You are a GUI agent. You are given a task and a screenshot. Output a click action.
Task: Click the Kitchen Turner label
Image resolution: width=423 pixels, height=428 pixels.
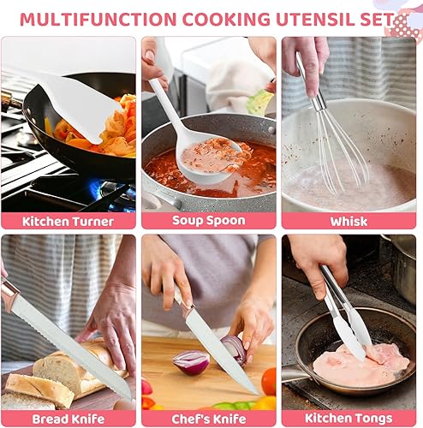68,221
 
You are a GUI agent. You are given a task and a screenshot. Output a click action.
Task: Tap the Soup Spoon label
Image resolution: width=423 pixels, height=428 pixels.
209,221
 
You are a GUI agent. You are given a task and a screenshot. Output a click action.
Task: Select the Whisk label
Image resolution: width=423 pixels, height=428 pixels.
350,221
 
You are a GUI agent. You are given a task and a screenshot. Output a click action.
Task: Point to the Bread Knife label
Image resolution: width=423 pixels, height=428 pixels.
68,419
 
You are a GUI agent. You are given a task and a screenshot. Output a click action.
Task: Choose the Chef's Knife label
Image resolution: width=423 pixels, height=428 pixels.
209,419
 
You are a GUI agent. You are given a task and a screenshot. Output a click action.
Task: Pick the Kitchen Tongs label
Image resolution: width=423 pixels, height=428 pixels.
350,419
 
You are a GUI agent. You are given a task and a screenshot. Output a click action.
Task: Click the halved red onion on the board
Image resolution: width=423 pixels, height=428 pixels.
191,361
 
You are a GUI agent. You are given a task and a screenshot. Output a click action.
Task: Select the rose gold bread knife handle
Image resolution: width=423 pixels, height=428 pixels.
9,294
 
